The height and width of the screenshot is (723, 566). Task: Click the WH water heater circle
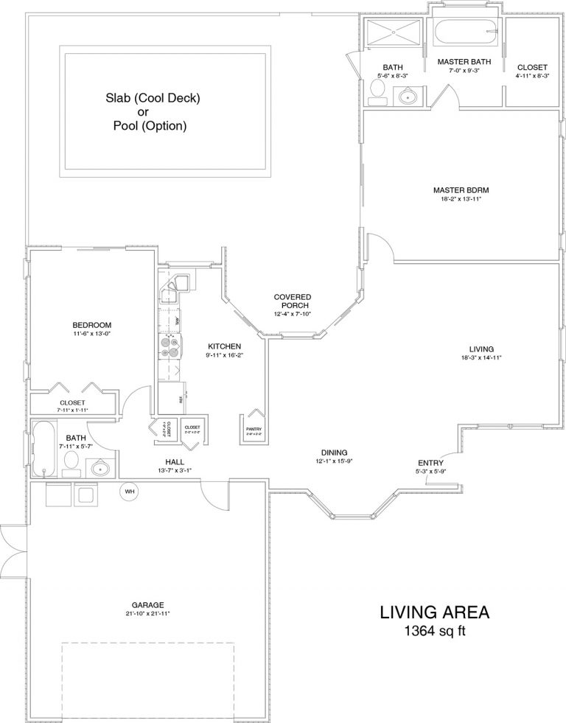(x=130, y=491)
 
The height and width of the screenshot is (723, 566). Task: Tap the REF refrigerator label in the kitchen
(x=180, y=399)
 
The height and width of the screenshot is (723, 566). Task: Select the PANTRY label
(x=254, y=429)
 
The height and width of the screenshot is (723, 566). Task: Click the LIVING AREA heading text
(x=434, y=612)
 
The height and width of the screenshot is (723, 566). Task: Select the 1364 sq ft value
(x=434, y=631)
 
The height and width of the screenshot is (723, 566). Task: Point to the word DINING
(x=334, y=453)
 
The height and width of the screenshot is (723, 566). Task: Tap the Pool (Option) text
(x=150, y=126)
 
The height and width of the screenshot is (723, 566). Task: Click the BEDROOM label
(x=91, y=325)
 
